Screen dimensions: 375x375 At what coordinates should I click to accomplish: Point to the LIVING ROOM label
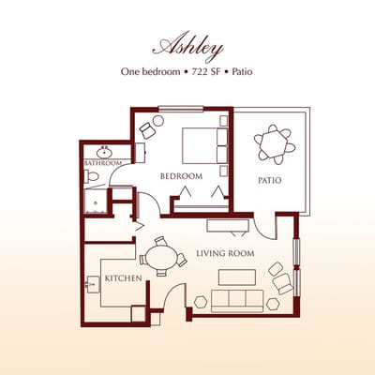226,253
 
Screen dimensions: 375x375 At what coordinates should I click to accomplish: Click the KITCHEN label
123,278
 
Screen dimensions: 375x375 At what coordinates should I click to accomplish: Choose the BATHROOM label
103,163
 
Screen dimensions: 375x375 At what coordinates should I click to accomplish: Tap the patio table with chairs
274,144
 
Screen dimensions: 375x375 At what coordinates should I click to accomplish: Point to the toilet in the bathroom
92,176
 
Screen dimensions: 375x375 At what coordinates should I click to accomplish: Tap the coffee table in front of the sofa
235,277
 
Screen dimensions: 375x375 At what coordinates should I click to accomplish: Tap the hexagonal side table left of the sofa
200,302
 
